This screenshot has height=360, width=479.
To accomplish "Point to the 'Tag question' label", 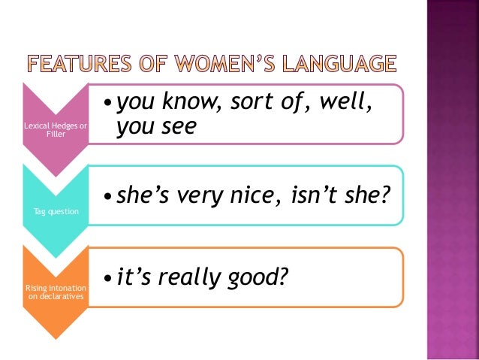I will (56, 211).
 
